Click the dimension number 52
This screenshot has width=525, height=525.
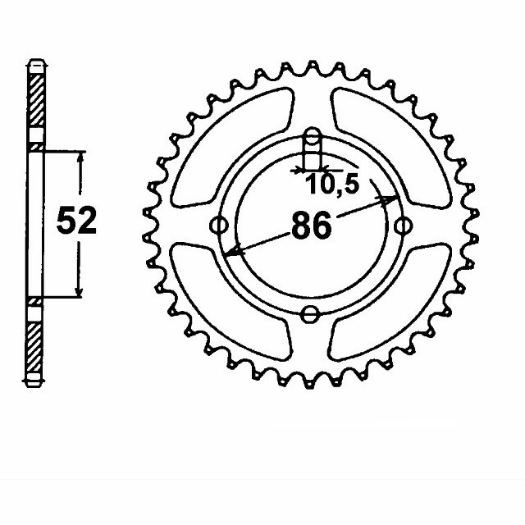[x=76, y=221]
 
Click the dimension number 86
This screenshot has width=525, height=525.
[x=312, y=225]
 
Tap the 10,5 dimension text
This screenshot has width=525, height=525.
[x=334, y=185]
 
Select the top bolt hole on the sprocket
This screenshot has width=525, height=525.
[x=311, y=136]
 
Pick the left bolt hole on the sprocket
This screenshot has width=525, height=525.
[x=218, y=224]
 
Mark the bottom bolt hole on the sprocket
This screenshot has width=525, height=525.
[x=311, y=313]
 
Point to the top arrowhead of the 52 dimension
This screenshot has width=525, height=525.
[x=80, y=156]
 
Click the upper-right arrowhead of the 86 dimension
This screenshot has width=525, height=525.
[x=392, y=199]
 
